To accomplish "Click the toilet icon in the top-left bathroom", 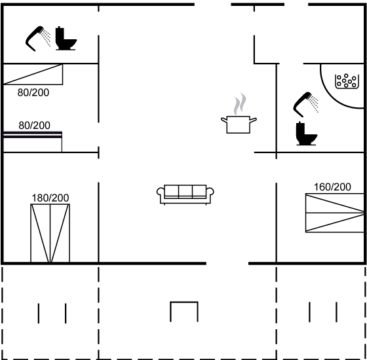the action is pyautogui.click(x=66, y=39).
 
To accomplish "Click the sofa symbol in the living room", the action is pyautogui.click(x=185, y=194).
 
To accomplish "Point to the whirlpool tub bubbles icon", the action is pyautogui.click(x=347, y=81).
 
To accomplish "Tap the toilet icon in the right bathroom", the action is pyautogui.click(x=307, y=134).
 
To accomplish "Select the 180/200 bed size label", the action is pyautogui.click(x=50, y=198).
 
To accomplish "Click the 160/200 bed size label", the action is pyautogui.click(x=332, y=187).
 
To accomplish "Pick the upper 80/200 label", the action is pyautogui.click(x=33, y=92).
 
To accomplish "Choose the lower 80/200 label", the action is pyautogui.click(x=34, y=125).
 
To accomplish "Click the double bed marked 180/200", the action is pyautogui.click(x=50, y=233).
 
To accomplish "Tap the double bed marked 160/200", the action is pyautogui.click(x=335, y=213).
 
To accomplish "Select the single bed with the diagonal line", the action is pyautogui.click(x=33, y=75).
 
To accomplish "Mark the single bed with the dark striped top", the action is pyautogui.click(x=33, y=142).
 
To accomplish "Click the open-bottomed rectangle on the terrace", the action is pyautogui.click(x=184, y=302).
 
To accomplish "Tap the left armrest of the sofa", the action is pyautogui.click(x=160, y=191).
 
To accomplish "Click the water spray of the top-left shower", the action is pyautogui.click(x=46, y=38).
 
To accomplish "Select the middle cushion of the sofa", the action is pyautogui.click(x=185, y=192).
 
